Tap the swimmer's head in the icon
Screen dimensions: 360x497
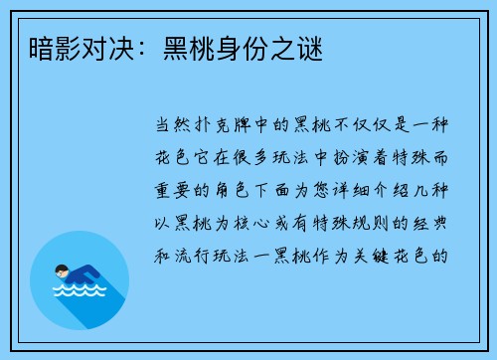tap(62, 270)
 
